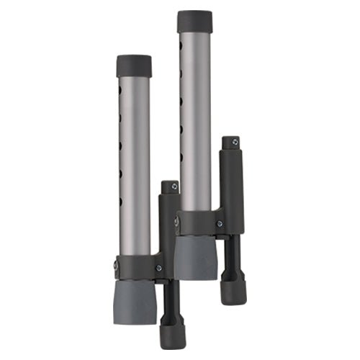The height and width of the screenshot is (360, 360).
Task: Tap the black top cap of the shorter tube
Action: pos(134,66)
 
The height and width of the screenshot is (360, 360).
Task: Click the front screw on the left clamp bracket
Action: pos(159,269)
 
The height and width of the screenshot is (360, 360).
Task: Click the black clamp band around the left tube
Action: pos(137,265)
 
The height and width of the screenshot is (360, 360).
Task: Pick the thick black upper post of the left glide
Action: pos(170,223)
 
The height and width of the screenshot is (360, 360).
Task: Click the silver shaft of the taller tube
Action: pos(197,122)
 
